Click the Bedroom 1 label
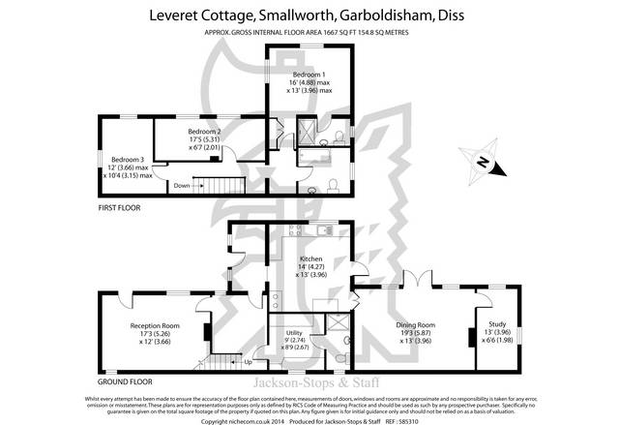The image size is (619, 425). coord(310,75)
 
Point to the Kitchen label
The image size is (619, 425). coord(310,259)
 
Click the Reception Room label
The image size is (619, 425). coord(156,325)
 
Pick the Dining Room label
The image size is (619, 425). coord(419,325)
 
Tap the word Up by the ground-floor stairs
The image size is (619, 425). coord(248,362)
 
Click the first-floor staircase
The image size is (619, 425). coord(219,185)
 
